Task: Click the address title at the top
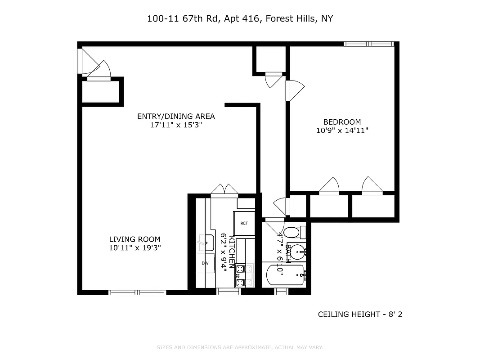pos(240,19)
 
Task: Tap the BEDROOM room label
pos(342,122)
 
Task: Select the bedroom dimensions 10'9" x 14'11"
pos(342,130)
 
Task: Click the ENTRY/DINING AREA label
pos(176,117)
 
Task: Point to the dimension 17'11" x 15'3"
pos(176,125)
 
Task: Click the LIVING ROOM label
pos(135,239)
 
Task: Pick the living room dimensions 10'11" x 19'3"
pos(135,248)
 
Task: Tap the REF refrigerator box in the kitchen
pos(244,223)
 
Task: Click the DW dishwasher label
pos(205,263)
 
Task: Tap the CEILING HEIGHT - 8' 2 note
pos(360,314)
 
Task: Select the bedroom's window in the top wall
pos(369,44)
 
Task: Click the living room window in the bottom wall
pos(138,292)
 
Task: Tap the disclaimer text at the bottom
pos(240,347)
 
